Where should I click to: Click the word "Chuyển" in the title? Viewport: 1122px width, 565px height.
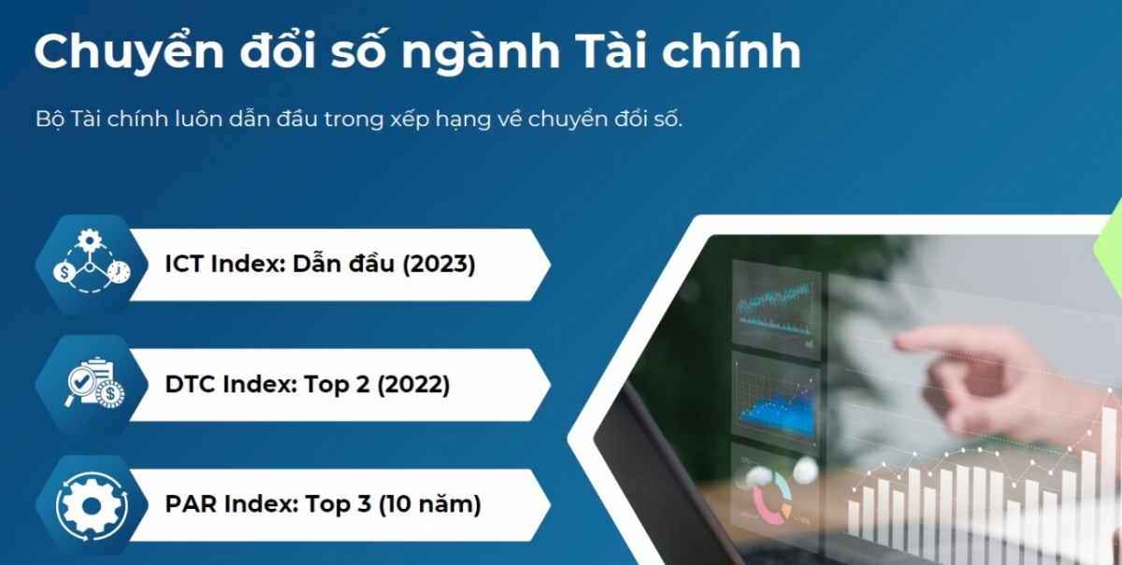129,52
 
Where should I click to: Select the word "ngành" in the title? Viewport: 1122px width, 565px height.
481,54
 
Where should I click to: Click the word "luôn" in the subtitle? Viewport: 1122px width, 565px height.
197,120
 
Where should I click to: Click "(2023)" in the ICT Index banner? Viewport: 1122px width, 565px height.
439,264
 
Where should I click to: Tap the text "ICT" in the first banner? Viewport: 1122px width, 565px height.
184,264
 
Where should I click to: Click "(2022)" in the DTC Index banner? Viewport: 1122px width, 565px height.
413,384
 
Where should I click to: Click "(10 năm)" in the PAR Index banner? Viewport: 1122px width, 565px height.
430,504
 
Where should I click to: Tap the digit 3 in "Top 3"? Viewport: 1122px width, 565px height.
364,504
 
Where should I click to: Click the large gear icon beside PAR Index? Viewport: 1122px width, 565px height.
92,505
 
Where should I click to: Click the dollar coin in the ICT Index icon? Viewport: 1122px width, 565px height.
65,273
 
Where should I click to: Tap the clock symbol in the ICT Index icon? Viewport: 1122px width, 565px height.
119,272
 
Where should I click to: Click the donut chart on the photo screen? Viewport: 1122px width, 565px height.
771,497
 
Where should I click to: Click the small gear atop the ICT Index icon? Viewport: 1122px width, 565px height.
90,239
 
